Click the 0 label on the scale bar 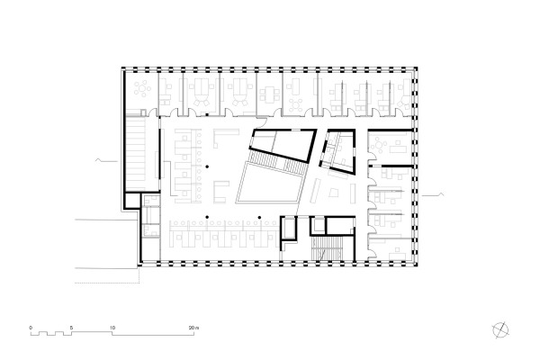31,326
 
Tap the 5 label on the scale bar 72,326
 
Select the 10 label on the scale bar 112,326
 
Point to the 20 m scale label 194,326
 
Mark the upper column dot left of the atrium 206,166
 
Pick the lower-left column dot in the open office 206,217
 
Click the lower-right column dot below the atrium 259,217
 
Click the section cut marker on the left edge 104,160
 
